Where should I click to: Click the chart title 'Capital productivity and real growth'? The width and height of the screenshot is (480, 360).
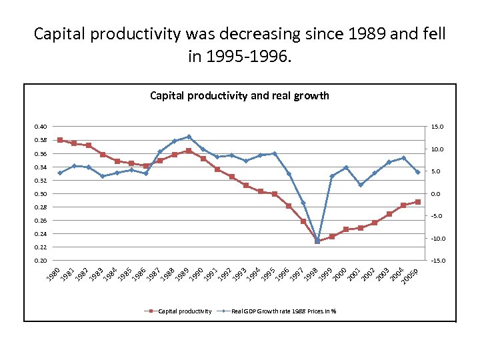pyautogui.click(x=239, y=95)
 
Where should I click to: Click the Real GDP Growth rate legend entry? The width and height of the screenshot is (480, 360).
pyautogui.click(x=283, y=311)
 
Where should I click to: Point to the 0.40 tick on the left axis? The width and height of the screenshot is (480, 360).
pyautogui.click(x=41, y=127)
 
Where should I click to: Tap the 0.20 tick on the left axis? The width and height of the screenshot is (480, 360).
pyautogui.click(x=41, y=261)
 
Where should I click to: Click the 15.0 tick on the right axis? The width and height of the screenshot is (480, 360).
pyautogui.click(x=437, y=127)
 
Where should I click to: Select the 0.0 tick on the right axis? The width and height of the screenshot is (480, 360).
pyautogui.click(x=437, y=194)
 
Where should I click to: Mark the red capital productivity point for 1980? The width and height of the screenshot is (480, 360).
pyautogui.click(x=60, y=140)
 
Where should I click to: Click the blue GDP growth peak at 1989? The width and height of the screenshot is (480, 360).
pyautogui.click(x=189, y=137)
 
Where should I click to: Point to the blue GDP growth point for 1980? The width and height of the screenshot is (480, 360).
pyautogui.click(x=60, y=173)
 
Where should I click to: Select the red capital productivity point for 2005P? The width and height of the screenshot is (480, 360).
pyautogui.click(x=418, y=201)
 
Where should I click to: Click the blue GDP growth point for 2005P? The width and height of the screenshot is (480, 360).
pyautogui.click(x=418, y=172)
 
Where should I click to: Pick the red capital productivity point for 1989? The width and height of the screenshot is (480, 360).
pyautogui.click(x=189, y=151)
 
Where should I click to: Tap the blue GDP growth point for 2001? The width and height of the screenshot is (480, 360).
pyautogui.click(x=361, y=185)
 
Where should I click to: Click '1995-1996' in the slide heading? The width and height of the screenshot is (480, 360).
pyautogui.click(x=239, y=57)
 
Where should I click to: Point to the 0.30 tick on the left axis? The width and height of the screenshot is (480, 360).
pyautogui.click(x=41, y=194)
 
